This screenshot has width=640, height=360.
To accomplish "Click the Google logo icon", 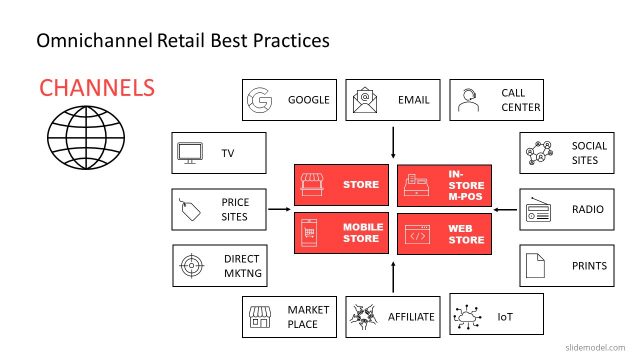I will point(261,100).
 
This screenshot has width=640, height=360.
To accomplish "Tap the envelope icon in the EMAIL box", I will point(364,100).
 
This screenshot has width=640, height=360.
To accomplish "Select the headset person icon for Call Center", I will point(467,100).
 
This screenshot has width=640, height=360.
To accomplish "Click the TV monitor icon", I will point(190,154).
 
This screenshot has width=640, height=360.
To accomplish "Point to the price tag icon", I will point(190,209).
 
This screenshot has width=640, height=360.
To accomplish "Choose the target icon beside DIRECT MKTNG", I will point(190,265).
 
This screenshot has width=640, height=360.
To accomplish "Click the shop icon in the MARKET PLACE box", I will point(261,317).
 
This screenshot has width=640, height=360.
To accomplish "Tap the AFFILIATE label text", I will point(411,317).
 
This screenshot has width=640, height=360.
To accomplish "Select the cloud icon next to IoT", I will point(468,317).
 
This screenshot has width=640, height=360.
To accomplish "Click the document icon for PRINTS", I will point(536,265).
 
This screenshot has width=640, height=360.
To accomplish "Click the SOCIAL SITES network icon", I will point(537,154).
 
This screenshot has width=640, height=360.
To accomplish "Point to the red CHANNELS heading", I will point(97,87).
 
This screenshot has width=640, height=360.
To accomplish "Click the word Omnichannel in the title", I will point(94,41).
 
